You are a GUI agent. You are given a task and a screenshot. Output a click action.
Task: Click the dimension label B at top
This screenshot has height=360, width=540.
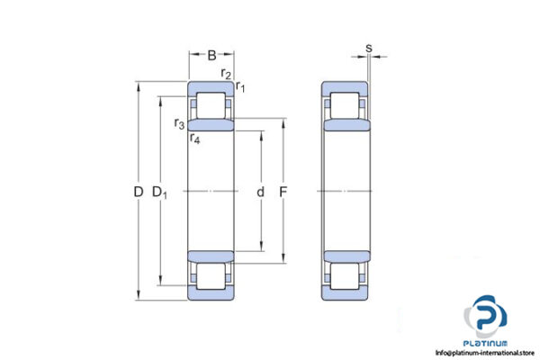212,55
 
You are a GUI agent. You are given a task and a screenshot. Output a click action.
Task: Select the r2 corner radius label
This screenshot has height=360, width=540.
226,73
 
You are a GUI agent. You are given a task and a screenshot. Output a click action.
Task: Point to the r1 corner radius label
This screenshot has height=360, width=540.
240,87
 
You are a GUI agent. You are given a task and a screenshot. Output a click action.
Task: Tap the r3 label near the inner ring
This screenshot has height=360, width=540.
181,123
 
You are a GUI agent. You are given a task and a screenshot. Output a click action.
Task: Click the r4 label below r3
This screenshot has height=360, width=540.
194,138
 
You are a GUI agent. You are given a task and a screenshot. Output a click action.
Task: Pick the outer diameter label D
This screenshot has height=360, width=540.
138,192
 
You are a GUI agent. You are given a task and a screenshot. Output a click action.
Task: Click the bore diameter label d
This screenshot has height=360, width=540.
261,192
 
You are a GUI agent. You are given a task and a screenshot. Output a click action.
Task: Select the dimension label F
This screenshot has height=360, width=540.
284,192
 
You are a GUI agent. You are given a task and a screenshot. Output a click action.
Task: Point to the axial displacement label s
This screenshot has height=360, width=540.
369,48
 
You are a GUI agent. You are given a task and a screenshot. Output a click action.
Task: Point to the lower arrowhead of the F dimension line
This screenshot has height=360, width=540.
284,263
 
